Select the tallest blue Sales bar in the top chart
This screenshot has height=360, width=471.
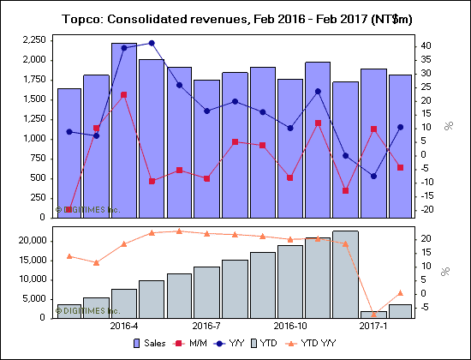click(x=124, y=129)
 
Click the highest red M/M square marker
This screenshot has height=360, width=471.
click(x=124, y=95)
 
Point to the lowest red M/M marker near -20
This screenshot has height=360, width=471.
click(x=69, y=209)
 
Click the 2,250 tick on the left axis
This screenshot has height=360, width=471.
click(x=33, y=40)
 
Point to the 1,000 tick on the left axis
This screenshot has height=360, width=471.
click(x=33, y=139)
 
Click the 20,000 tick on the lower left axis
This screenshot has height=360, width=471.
click(x=31, y=241)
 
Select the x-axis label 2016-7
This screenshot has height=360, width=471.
click(x=207, y=326)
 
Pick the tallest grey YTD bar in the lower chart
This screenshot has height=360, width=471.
click(x=345, y=273)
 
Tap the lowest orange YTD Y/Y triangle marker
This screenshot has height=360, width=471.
click(x=373, y=314)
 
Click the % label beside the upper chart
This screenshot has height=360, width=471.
click(x=448, y=126)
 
